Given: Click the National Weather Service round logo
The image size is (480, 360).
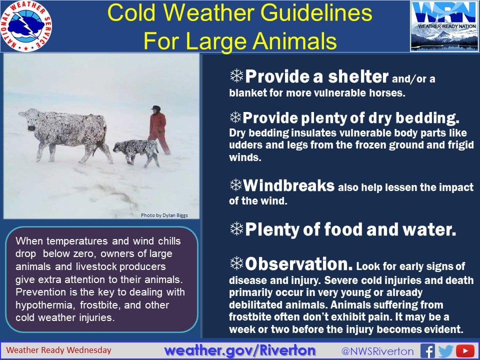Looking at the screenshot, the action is (26, 26).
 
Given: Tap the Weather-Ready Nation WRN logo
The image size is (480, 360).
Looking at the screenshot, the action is (445, 25).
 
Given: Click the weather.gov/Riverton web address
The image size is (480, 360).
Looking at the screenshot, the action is (239, 350).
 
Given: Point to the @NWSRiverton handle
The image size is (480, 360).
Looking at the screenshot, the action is (377, 351).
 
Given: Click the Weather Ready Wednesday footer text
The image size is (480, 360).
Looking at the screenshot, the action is (59, 350).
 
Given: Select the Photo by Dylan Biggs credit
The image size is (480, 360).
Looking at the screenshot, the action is (164, 215).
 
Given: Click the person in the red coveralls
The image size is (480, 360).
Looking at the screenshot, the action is (158, 130).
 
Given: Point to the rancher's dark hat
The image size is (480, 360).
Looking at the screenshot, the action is (156, 108).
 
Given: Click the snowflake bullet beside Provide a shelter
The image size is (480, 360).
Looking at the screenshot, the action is (236, 75).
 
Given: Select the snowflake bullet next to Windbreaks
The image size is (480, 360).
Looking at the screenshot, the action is (236, 184).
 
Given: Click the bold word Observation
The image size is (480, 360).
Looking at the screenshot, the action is (299, 264).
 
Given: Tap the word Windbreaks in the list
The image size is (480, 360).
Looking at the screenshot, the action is (288, 185).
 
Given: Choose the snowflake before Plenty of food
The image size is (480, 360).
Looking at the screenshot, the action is (236, 228).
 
